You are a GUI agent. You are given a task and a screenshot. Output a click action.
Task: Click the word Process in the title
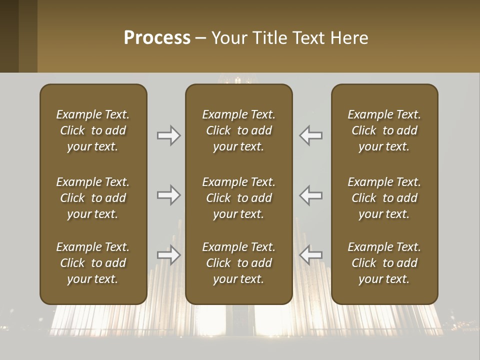[157, 38]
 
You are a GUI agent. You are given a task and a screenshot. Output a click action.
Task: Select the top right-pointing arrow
[169, 135]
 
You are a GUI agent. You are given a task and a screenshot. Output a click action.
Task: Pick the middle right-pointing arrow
[169, 195]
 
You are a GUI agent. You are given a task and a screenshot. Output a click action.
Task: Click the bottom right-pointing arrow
[169, 255]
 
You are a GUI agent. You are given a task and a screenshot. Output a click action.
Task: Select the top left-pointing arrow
[311, 135]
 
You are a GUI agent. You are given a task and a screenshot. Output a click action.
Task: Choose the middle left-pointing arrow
[311, 195]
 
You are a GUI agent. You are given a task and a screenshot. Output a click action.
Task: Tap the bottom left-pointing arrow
[311, 255]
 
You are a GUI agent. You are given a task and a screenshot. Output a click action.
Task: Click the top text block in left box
[93, 130]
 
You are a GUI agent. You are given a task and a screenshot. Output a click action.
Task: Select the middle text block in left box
[93, 198]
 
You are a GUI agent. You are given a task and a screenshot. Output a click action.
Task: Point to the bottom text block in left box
[93, 263]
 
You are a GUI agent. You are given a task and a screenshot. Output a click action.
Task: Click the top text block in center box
[238, 130]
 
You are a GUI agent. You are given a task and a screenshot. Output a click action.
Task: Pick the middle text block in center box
[238, 198]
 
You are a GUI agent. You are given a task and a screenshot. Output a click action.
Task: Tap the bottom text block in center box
[238, 263]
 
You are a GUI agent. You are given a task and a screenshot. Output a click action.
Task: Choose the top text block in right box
[384, 130]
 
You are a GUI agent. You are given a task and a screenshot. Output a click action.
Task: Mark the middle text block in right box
[384, 198]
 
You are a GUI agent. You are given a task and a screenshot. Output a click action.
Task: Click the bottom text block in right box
[384, 263]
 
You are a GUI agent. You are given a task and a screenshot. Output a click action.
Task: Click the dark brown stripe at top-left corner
[9, 36]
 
